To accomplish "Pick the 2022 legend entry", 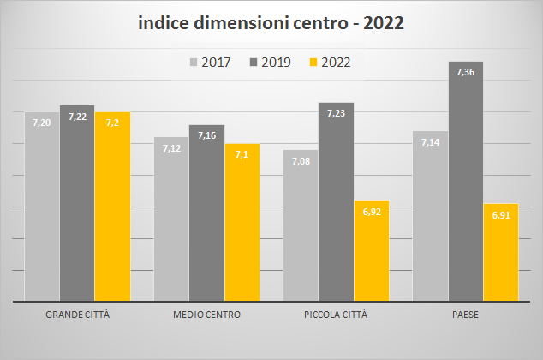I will tap(330, 62).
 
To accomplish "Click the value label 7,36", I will tap(465, 73).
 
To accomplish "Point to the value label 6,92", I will tap(371, 212).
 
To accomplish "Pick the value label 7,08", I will tap(301, 162).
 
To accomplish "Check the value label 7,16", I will tap(206, 136).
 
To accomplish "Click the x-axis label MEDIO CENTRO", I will tap(206, 315).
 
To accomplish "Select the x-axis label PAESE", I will tap(465, 315).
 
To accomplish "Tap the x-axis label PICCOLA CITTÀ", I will tap(336, 315).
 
